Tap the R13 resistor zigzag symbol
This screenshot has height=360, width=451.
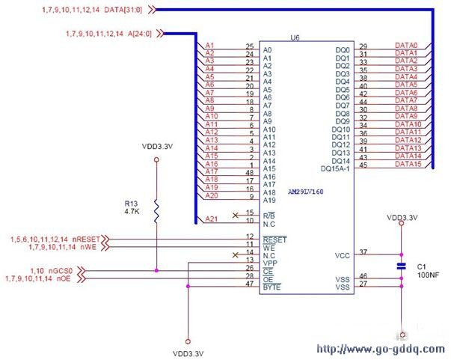coord(156,211)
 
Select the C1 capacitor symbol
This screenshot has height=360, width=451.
coord(401,266)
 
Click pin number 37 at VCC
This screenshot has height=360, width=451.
coord(363,253)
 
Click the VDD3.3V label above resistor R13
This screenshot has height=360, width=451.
coord(156,147)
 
